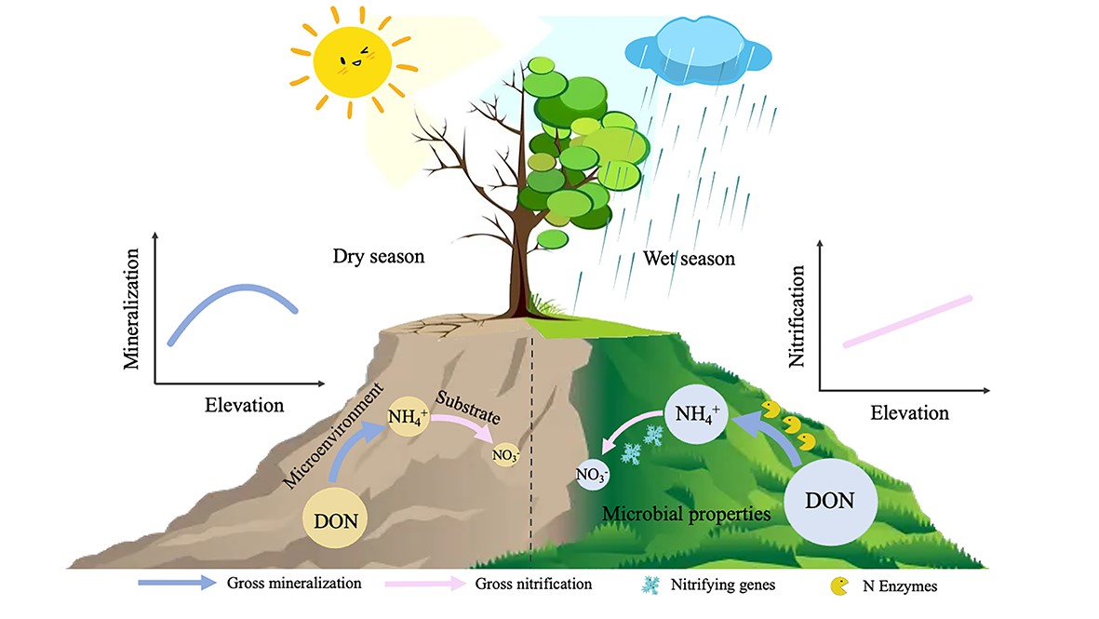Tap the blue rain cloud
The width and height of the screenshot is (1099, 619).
(699, 47)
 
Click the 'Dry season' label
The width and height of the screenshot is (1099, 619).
(378, 255)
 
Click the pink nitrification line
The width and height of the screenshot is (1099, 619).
(907, 321)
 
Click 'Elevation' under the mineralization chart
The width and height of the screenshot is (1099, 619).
(244, 405)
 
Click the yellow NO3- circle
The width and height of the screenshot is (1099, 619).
(507, 455)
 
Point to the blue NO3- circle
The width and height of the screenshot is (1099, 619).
(594, 476)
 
